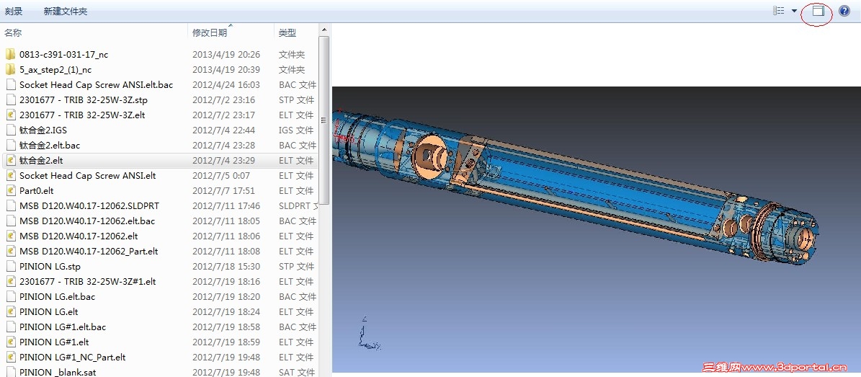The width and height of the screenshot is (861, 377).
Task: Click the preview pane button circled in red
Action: [818, 11]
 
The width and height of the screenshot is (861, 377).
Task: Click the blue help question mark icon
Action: [844, 11]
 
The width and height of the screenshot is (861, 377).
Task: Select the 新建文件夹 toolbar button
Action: [66, 11]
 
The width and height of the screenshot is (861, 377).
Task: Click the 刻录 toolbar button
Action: [14, 11]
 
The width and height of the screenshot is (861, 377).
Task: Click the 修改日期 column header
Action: [209, 33]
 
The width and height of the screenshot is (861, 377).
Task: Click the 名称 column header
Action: [13, 33]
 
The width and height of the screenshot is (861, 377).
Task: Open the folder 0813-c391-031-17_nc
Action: [63, 54]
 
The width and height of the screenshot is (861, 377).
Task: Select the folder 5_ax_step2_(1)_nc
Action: [55, 70]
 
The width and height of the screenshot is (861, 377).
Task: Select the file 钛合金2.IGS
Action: [43, 130]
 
